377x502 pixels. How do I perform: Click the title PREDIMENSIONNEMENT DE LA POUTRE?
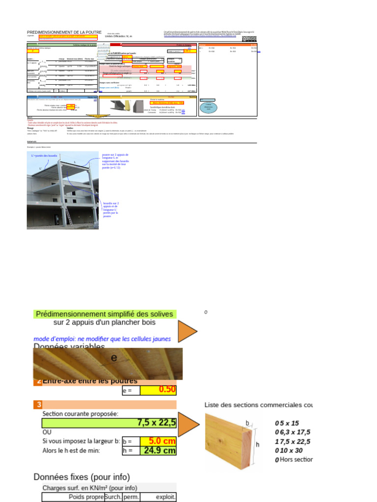point(61,32)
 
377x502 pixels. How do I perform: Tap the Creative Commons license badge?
point(249,39)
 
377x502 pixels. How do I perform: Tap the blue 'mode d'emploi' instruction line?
point(102,339)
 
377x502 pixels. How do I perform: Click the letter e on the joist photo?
point(114,358)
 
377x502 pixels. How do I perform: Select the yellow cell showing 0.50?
point(158,390)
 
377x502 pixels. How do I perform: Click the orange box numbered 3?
point(38,404)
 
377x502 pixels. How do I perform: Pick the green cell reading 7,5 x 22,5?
point(109,423)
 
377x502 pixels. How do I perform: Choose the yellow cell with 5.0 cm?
point(158,441)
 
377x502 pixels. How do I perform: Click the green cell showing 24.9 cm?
point(158,450)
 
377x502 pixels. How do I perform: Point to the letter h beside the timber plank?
point(258,445)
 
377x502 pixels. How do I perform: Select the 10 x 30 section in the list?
point(291,451)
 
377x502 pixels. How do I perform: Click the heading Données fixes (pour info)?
point(81,477)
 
